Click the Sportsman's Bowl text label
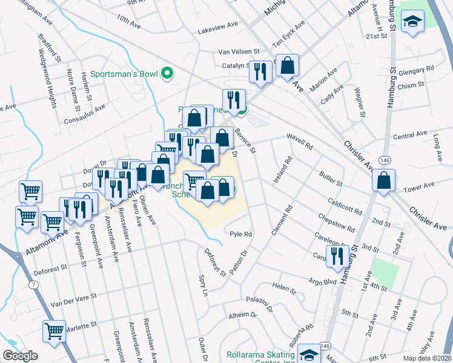[124, 74]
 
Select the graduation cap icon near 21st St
[413, 22]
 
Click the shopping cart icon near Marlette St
[54, 331]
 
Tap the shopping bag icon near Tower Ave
[383, 180]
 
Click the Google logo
[20, 356]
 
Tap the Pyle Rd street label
[240, 234]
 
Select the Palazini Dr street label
[261, 299]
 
